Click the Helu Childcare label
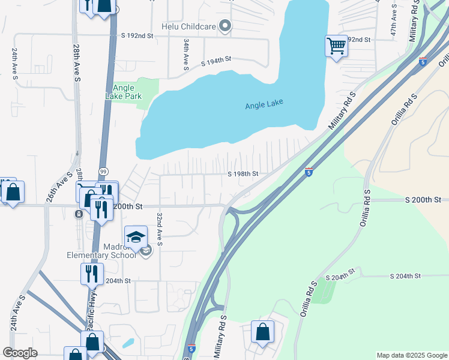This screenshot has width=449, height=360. coord(188,26)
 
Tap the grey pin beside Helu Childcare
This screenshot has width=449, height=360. coord(225,26)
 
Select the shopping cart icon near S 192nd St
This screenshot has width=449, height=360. coord(336,46)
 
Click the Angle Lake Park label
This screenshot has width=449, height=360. coord(123,91)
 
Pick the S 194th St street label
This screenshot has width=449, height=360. coord(216,61)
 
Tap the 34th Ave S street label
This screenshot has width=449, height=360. coord(187,55)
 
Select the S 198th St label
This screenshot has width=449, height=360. coord(243,174)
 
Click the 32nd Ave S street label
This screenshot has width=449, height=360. coord(160,229)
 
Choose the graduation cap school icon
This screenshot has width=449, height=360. coord(136,236)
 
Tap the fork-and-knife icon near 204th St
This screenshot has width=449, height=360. coord(92,274)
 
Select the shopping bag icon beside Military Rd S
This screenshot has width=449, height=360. coord(262,332)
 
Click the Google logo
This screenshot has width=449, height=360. coord(19,353)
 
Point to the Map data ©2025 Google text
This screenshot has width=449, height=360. coord(411,355)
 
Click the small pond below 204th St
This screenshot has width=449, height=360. coord(128,343)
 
